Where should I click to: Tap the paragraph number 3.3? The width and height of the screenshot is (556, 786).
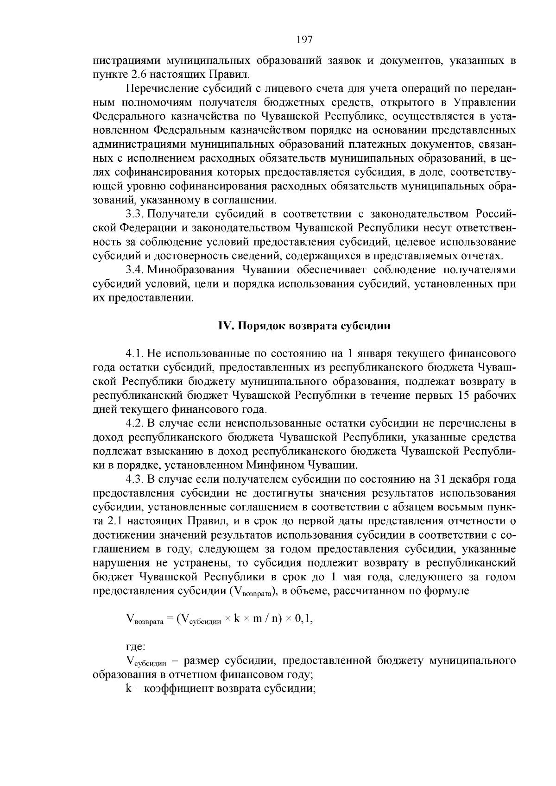click(x=136, y=214)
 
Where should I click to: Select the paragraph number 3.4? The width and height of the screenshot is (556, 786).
click(x=136, y=270)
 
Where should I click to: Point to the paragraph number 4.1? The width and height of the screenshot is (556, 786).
click(x=136, y=354)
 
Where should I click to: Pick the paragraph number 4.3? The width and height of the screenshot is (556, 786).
click(x=136, y=479)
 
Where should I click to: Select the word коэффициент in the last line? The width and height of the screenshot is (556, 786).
click(x=175, y=688)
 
